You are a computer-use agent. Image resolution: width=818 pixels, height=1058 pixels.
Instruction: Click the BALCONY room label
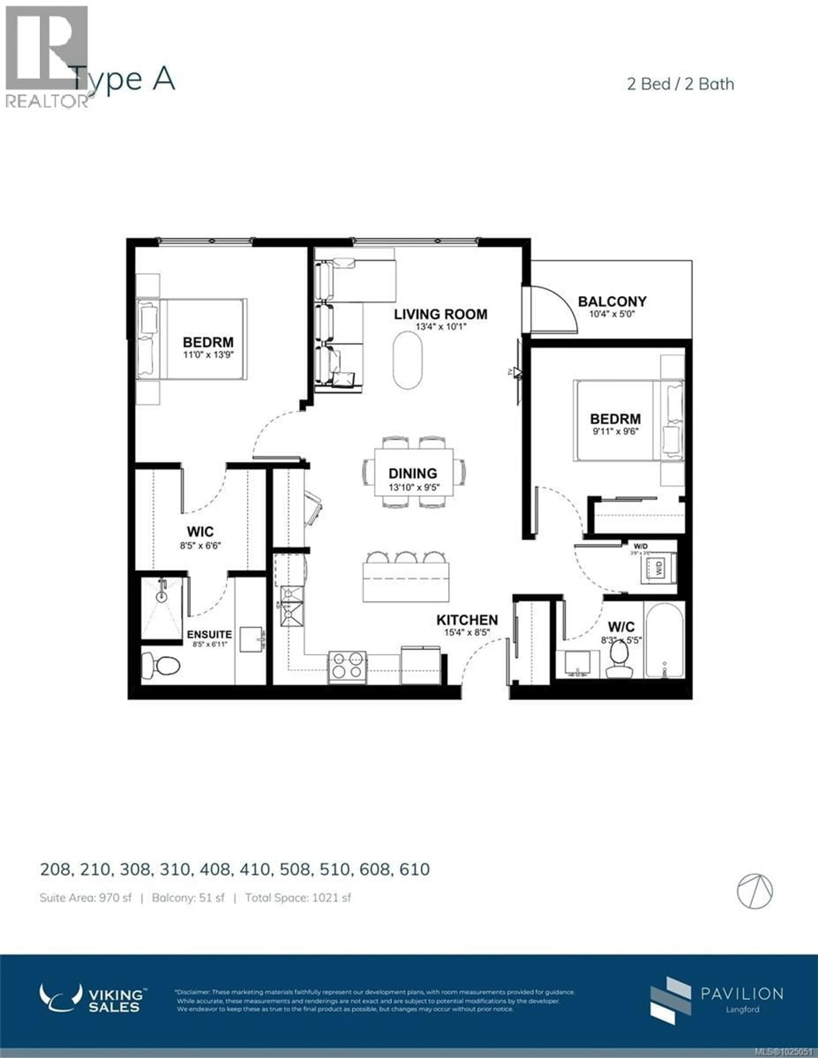(612, 301)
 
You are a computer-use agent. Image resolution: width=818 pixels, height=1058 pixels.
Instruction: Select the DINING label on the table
(413, 473)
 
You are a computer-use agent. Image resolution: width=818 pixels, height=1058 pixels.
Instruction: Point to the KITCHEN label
(467, 620)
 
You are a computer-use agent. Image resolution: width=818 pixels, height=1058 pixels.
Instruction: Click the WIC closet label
(200, 532)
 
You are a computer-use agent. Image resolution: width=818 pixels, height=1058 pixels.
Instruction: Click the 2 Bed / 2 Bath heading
(680, 84)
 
